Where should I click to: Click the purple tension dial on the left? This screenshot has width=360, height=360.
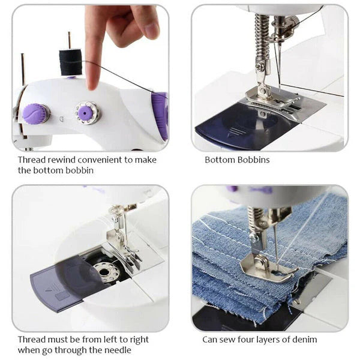point(36,113)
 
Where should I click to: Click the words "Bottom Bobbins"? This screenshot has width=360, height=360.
point(237,160)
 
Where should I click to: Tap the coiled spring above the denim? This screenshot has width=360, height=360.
point(255,219)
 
